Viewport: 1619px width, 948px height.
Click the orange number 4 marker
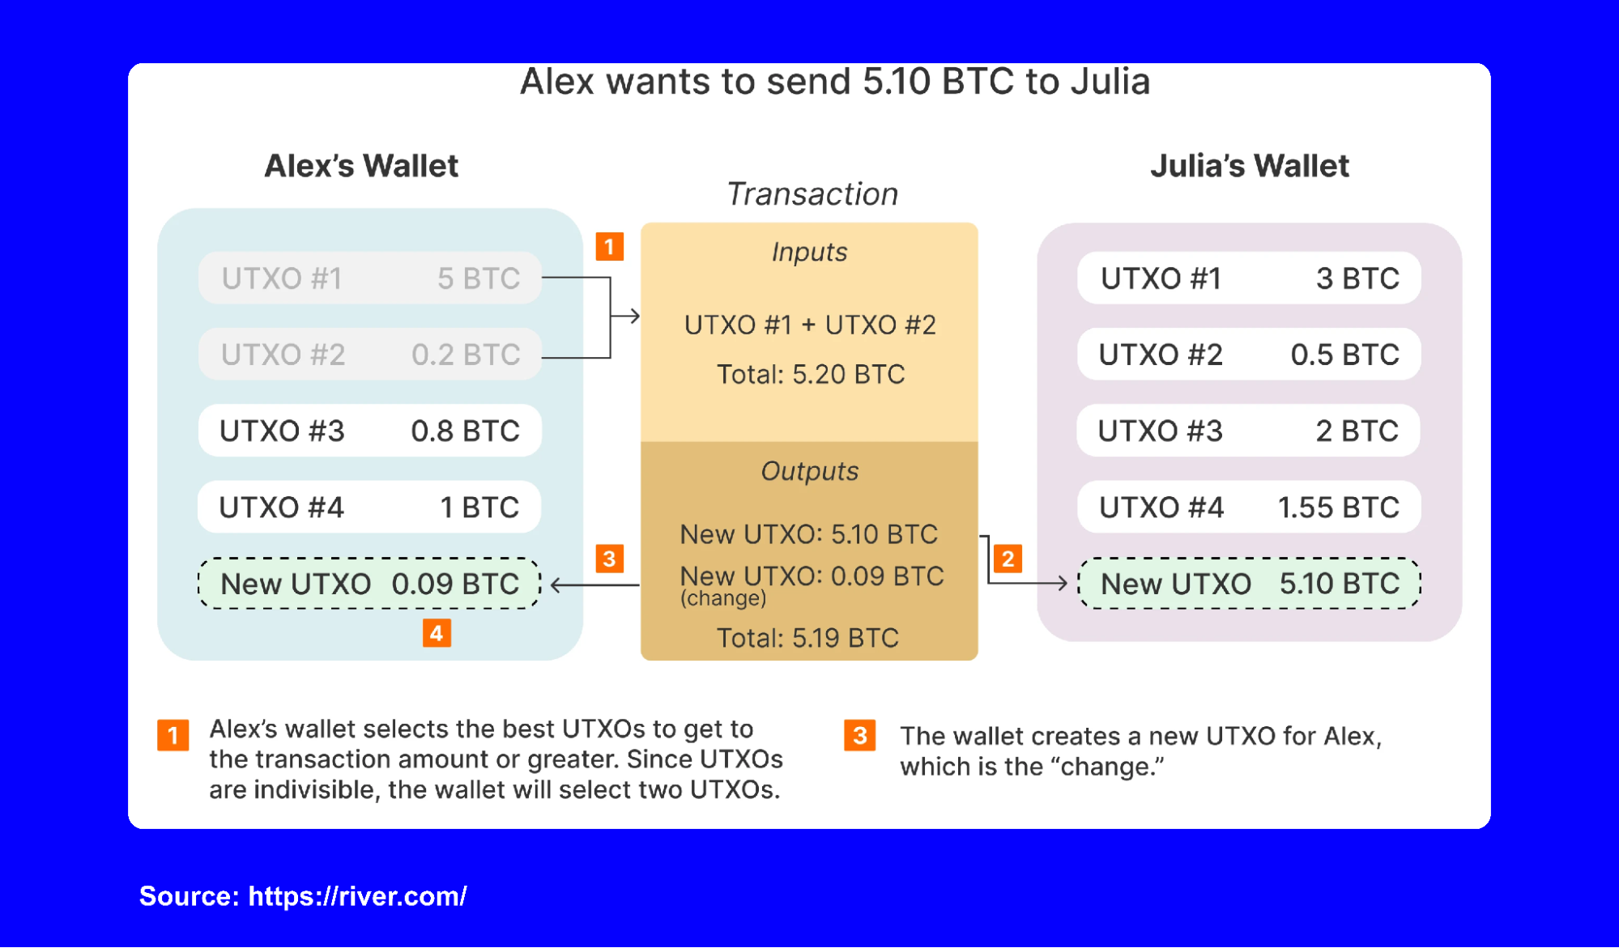tap(437, 633)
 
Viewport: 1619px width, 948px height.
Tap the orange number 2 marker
tap(1008, 559)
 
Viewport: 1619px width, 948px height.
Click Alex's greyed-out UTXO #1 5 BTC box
tap(370, 278)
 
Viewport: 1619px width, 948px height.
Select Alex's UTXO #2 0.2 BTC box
tap(370, 355)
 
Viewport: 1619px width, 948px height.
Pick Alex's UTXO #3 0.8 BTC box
tap(370, 431)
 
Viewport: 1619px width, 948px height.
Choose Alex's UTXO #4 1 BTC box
tap(370, 508)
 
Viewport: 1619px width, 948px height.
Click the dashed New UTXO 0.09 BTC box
tap(370, 584)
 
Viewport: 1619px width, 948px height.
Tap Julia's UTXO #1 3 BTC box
tap(1249, 278)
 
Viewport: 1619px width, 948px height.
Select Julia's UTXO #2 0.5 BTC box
tap(1249, 355)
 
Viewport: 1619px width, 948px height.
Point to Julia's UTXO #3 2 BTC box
tap(1249, 431)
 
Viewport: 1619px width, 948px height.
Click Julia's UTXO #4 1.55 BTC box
tap(1249, 508)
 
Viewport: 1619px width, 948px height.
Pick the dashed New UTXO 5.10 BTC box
tap(1249, 584)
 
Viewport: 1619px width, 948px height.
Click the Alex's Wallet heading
tap(361, 166)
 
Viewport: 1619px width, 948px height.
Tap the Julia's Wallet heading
tap(1250, 166)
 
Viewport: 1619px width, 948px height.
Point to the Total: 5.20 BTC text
tap(811, 374)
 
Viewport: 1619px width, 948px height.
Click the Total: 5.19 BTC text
tap(807, 638)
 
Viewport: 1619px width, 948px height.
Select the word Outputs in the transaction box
tap(810, 471)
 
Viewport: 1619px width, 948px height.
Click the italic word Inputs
tap(810, 252)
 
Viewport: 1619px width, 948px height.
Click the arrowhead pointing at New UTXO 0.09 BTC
tap(556, 585)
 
